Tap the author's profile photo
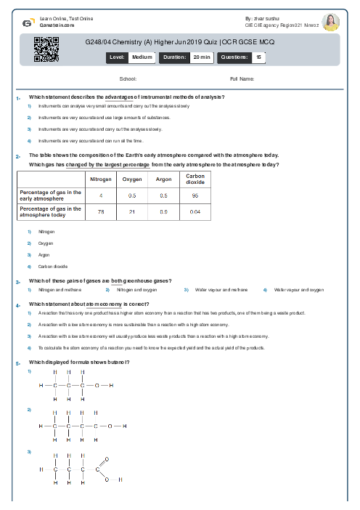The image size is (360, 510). tap(331, 21)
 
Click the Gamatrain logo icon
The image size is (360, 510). tap(27, 23)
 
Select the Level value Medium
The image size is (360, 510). tap(142, 57)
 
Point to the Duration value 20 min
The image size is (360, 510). tap(201, 57)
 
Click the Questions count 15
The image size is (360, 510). tap(258, 57)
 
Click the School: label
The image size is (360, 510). tap(128, 78)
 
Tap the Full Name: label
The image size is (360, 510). tap(242, 78)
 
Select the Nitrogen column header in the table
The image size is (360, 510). tap(101, 179)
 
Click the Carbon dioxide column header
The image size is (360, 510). tap(195, 179)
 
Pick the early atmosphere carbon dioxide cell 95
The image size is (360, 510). tap(195, 195)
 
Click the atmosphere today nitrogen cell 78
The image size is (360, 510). tap(101, 211)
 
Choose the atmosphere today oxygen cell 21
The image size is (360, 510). tap(132, 211)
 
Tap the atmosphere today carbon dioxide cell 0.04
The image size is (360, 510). tap(195, 211)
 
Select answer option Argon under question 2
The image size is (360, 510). tap(43, 255)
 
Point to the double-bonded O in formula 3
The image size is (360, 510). tap(107, 460)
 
